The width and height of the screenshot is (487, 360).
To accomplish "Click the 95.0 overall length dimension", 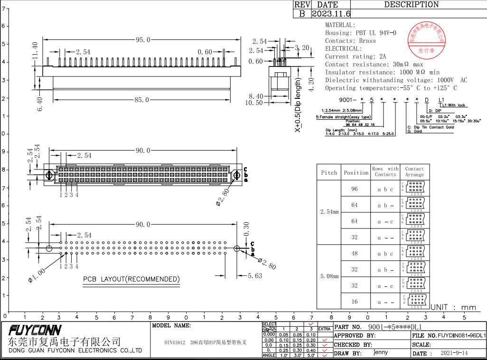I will click(143, 40).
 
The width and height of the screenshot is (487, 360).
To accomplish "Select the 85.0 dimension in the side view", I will click(141, 100).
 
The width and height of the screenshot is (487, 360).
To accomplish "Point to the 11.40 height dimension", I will click(35, 51).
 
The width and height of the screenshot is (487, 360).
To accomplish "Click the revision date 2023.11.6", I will click(331, 14).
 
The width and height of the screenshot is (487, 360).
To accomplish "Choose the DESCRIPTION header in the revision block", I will click(411, 5).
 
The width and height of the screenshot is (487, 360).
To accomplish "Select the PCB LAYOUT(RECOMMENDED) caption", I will click(131, 279).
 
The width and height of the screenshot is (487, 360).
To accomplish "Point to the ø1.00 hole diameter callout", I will click(37, 276).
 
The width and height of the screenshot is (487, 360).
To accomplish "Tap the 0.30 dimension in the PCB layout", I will click(246, 229).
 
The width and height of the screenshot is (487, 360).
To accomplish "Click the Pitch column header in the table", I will click(329, 172).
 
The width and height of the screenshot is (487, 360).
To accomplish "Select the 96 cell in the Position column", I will click(355, 189).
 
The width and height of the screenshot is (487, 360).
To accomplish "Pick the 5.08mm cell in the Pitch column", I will click(329, 276).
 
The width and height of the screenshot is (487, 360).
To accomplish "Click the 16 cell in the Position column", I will click(355, 302).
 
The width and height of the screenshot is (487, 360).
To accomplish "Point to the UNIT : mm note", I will click(453, 307).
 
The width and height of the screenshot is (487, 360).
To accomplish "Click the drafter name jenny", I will click(380, 353).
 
